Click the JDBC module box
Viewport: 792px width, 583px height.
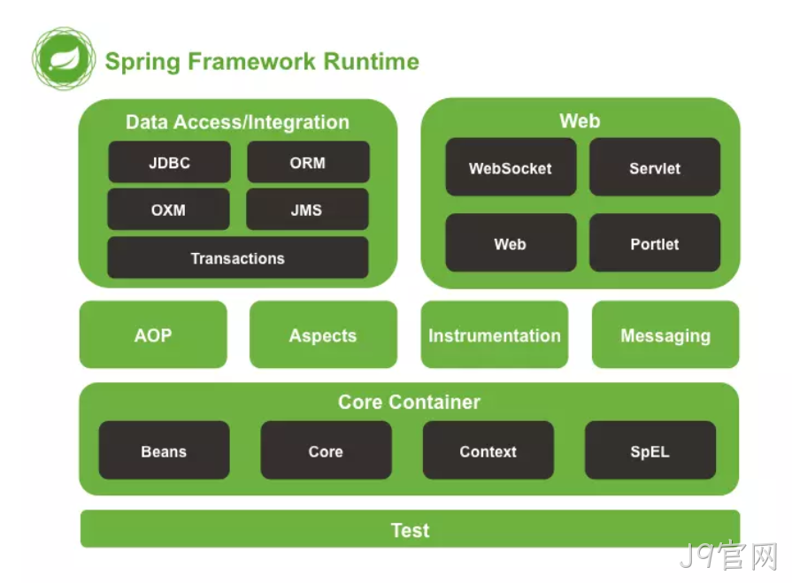point(169,162)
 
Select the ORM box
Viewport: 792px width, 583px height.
point(308,162)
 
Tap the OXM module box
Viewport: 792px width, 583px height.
point(168,210)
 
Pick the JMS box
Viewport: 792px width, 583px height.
point(307,210)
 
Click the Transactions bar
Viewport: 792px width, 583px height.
point(238,257)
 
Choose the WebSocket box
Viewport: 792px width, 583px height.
point(511,167)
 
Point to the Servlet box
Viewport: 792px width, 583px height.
point(655,167)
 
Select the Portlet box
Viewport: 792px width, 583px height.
point(655,242)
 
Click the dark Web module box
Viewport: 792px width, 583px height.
point(511,242)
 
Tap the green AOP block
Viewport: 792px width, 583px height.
point(153,334)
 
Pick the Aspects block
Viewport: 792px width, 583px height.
point(323,334)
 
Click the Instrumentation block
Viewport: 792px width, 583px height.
point(495,334)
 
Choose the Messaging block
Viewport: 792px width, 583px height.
point(665,334)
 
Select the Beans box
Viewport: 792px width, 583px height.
point(165,450)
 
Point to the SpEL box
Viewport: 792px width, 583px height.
point(650,450)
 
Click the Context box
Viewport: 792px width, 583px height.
point(488,450)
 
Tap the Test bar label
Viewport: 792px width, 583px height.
point(410,531)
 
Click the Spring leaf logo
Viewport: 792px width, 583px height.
point(64,58)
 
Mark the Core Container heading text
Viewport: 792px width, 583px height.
point(409,403)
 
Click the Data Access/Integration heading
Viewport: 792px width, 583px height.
point(237,123)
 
